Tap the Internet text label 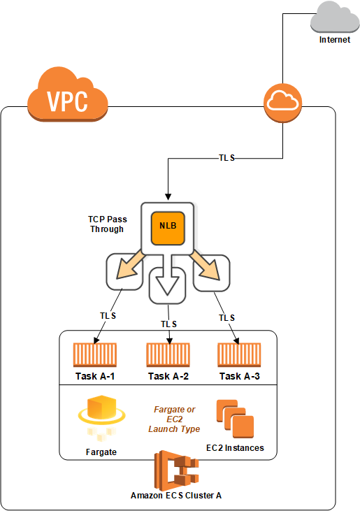[335, 40]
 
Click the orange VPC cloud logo [67, 94]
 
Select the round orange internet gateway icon [283, 103]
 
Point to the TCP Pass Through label [107, 224]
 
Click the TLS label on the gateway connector [226, 158]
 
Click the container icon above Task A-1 [95, 355]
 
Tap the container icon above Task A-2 [168, 355]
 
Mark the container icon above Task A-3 [239, 355]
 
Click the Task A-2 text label [168, 376]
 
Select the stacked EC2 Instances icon [235, 419]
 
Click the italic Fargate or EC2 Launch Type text [174, 419]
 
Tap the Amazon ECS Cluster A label [176, 496]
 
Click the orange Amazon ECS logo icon [176, 470]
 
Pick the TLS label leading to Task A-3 [226, 318]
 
